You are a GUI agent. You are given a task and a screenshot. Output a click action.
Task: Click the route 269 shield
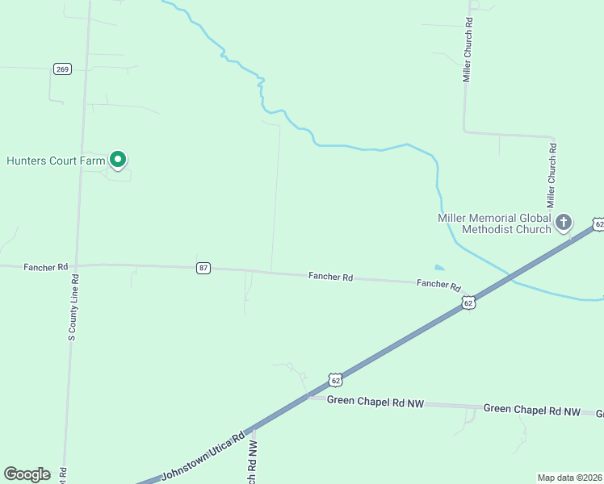pyautogui.click(x=62, y=69)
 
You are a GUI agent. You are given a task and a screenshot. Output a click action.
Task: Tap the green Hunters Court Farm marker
pyautogui.click(x=118, y=161)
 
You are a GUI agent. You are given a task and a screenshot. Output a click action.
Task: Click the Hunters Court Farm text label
pyautogui.click(x=57, y=161)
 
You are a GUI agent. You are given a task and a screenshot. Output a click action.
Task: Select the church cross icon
pyautogui.click(x=563, y=221)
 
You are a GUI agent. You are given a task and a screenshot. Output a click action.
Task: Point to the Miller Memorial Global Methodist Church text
pyautogui.click(x=494, y=223)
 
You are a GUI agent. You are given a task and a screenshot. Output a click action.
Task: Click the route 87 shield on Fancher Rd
pyautogui.click(x=203, y=268)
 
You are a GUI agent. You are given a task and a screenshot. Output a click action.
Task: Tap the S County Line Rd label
pyautogui.click(x=73, y=308)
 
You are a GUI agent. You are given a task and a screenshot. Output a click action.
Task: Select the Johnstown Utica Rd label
pyautogui.click(x=203, y=457)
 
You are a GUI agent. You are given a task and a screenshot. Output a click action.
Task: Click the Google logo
pyautogui.click(x=27, y=474)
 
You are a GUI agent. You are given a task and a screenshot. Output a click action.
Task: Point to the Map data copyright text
pyautogui.click(x=570, y=477)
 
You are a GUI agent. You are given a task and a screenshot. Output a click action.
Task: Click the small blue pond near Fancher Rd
pyautogui.click(x=438, y=268)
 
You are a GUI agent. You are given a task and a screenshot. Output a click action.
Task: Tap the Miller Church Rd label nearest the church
pyautogui.click(x=552, y=174)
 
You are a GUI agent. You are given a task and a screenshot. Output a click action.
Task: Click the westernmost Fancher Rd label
pyautogui.click(x=46, y=266)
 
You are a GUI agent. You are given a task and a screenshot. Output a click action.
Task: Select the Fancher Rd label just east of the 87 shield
pyautogui.click(x=330, y=277)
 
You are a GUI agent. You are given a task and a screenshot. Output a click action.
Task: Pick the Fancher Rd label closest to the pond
pyautogui.click(x=438, y=285)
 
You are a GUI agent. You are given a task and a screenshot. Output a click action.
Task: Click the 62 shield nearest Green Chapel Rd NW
pyautogui.click(x=336, y=378)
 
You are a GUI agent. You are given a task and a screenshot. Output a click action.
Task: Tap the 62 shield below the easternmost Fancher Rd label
pyautogui.click(x=469, y=302)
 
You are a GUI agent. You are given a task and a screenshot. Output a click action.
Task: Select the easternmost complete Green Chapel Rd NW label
pyautogui.click(x=532, y=410)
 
